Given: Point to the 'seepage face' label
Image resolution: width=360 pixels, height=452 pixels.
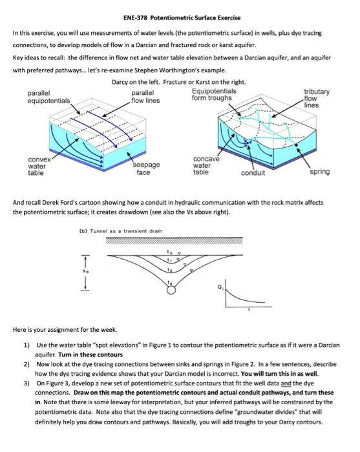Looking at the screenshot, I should pyautogui.click(x=146, y=169).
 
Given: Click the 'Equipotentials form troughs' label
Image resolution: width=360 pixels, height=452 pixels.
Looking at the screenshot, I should pyautogui.click(x=214, y=94).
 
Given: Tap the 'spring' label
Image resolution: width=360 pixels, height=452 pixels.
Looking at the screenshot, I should pyautogui.click(x=320, y=172).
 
